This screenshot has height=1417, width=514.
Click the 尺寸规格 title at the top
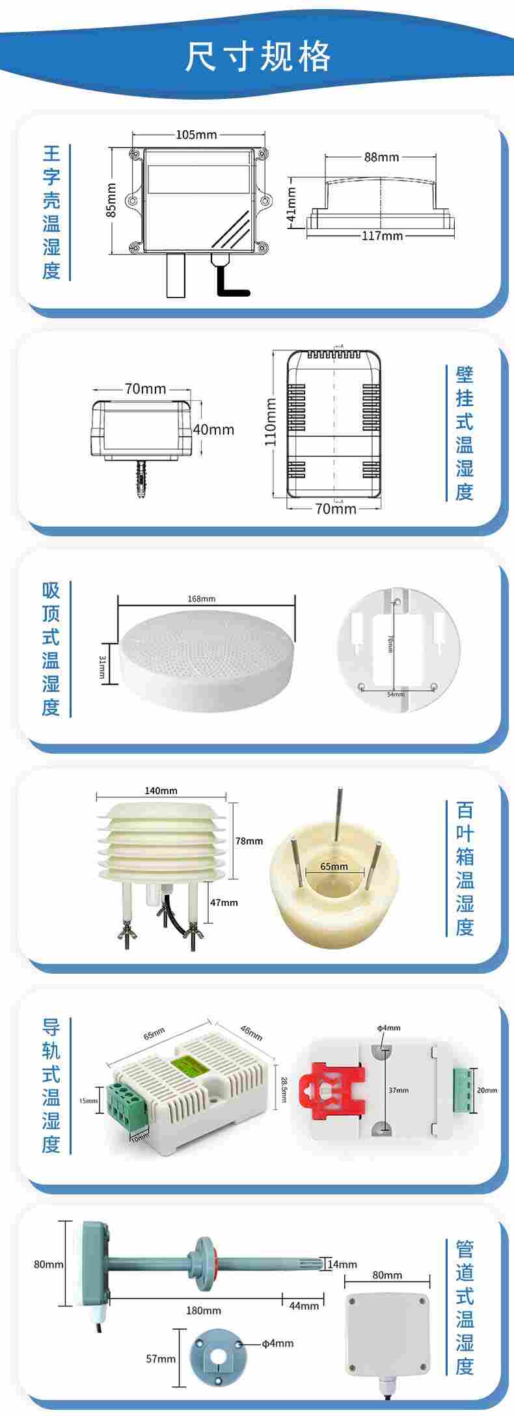[258, 57]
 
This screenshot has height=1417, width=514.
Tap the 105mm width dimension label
[196, 135]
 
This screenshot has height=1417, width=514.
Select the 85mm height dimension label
[111, 200]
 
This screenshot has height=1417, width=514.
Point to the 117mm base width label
[382, 235]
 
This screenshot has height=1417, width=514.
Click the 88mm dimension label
[381, 157]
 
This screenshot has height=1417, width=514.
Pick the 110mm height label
[271, 422]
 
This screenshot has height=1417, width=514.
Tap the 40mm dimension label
[214, 430]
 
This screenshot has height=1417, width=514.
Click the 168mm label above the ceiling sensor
[201, 598]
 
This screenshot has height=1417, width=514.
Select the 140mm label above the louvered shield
[161, 791]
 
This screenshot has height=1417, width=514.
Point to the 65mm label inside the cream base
[334, 866]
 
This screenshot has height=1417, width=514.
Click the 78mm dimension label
[249, 841]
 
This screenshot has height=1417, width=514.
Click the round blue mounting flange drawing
[217, 1356]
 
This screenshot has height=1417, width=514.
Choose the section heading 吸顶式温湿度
[51, 648]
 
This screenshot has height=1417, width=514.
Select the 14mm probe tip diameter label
[342, 1264]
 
